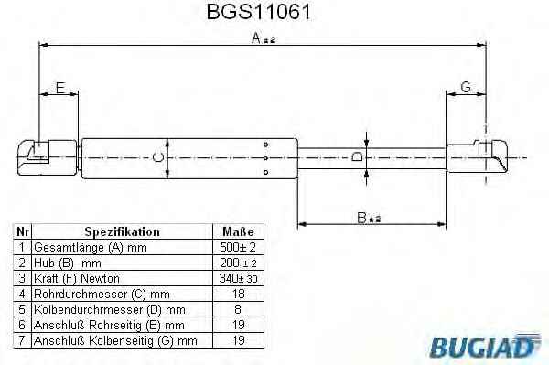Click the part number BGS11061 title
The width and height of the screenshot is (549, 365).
click(x=258, y=12)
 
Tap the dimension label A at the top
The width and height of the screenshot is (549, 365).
click(x=264, y=38)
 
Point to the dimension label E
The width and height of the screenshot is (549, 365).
click(x=60, y=88)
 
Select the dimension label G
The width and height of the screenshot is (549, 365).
click(x=466, y=87)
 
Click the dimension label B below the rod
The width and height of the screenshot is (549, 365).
click(x=369, y=218)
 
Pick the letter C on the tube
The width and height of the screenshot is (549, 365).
click(x=158, y=158)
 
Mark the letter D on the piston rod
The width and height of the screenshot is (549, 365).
click(x=357, y=156)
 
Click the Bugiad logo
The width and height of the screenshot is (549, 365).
click(x=485, y=346)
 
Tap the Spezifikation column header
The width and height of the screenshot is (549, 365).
click(x=122, y=231)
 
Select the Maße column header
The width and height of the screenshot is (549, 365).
click(x=238, y=231)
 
